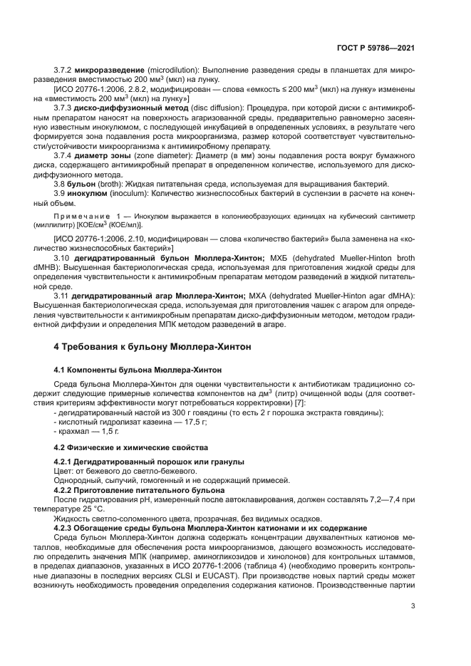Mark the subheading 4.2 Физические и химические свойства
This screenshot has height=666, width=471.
131,447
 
